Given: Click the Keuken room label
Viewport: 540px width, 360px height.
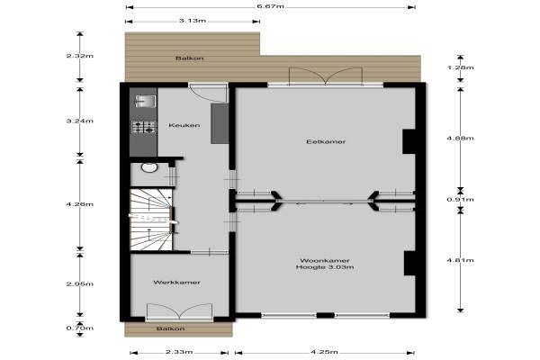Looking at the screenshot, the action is pyautogui.click(x=184, y=125).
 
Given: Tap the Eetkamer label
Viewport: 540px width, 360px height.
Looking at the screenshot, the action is pyautogui.click(x=326, y=141).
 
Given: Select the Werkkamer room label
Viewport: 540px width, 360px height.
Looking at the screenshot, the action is pyautogui.click(x=176, y=283).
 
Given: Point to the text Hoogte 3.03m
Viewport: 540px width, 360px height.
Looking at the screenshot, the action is pyautogui.click(x=325, y=267).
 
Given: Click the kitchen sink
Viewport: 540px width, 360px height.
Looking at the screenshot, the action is pyautogui.click(x=145, y=102).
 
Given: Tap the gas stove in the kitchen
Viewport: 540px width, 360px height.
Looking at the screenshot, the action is pyautogui.click(x=144, y=127).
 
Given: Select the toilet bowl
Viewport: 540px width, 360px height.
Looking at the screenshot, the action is pyautogui.click(x=149, y=167).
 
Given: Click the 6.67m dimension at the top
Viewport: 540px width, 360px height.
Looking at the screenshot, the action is pyautogui.click(x=270, y=6).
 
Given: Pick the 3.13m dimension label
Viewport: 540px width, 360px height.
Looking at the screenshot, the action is pyautogui.click(x=193, y=21).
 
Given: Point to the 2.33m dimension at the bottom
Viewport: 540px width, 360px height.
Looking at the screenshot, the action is pyautogui.click(x=179, y=352).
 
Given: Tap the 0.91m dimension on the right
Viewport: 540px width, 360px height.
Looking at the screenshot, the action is pyautogui.click(x=460, y=200).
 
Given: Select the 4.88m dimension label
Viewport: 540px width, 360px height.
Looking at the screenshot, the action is pyautogui.click(x=460, y=138).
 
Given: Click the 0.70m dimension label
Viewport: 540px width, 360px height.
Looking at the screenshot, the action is pyautogui.click(x=80, y=328).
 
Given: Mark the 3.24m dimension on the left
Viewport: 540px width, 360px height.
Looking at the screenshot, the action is pyautogui.click(x=80, y=121).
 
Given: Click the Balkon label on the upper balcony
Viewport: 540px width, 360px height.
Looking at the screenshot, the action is pyautogui.click(x=189, y=58).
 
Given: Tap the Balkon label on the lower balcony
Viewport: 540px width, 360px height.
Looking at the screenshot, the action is pyautogui.click(x=170, y=329).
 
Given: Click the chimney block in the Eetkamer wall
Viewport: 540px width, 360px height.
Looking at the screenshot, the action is pyautogui.click(x=409, y=141).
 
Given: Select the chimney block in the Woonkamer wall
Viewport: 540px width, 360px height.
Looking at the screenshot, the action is pyautogui.click(x=409, y=263).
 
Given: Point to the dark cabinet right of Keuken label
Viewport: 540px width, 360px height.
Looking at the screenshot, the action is pyautogui.click(x=220, y=123).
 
